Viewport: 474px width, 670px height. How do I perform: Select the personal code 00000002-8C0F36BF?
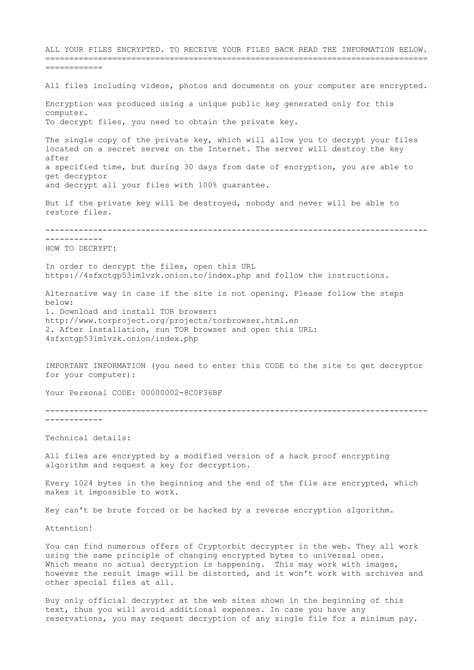[181, 393]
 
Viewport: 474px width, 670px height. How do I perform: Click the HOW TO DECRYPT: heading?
[81, 249]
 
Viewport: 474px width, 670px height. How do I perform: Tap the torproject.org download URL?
[172, 321]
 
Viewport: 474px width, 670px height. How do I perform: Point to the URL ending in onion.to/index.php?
[148, 276]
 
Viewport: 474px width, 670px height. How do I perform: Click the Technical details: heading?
[88, 438]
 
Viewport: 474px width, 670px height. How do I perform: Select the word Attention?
[69, 528]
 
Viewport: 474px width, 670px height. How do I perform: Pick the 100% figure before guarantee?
[207, 185]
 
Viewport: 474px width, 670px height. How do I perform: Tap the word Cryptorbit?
[222, 546]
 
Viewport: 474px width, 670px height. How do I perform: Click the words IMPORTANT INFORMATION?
[96, 366]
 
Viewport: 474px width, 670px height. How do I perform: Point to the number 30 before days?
[188, 167]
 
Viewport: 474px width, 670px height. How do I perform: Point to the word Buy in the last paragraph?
[52, 601]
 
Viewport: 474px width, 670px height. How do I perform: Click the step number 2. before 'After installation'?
[50, 330]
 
